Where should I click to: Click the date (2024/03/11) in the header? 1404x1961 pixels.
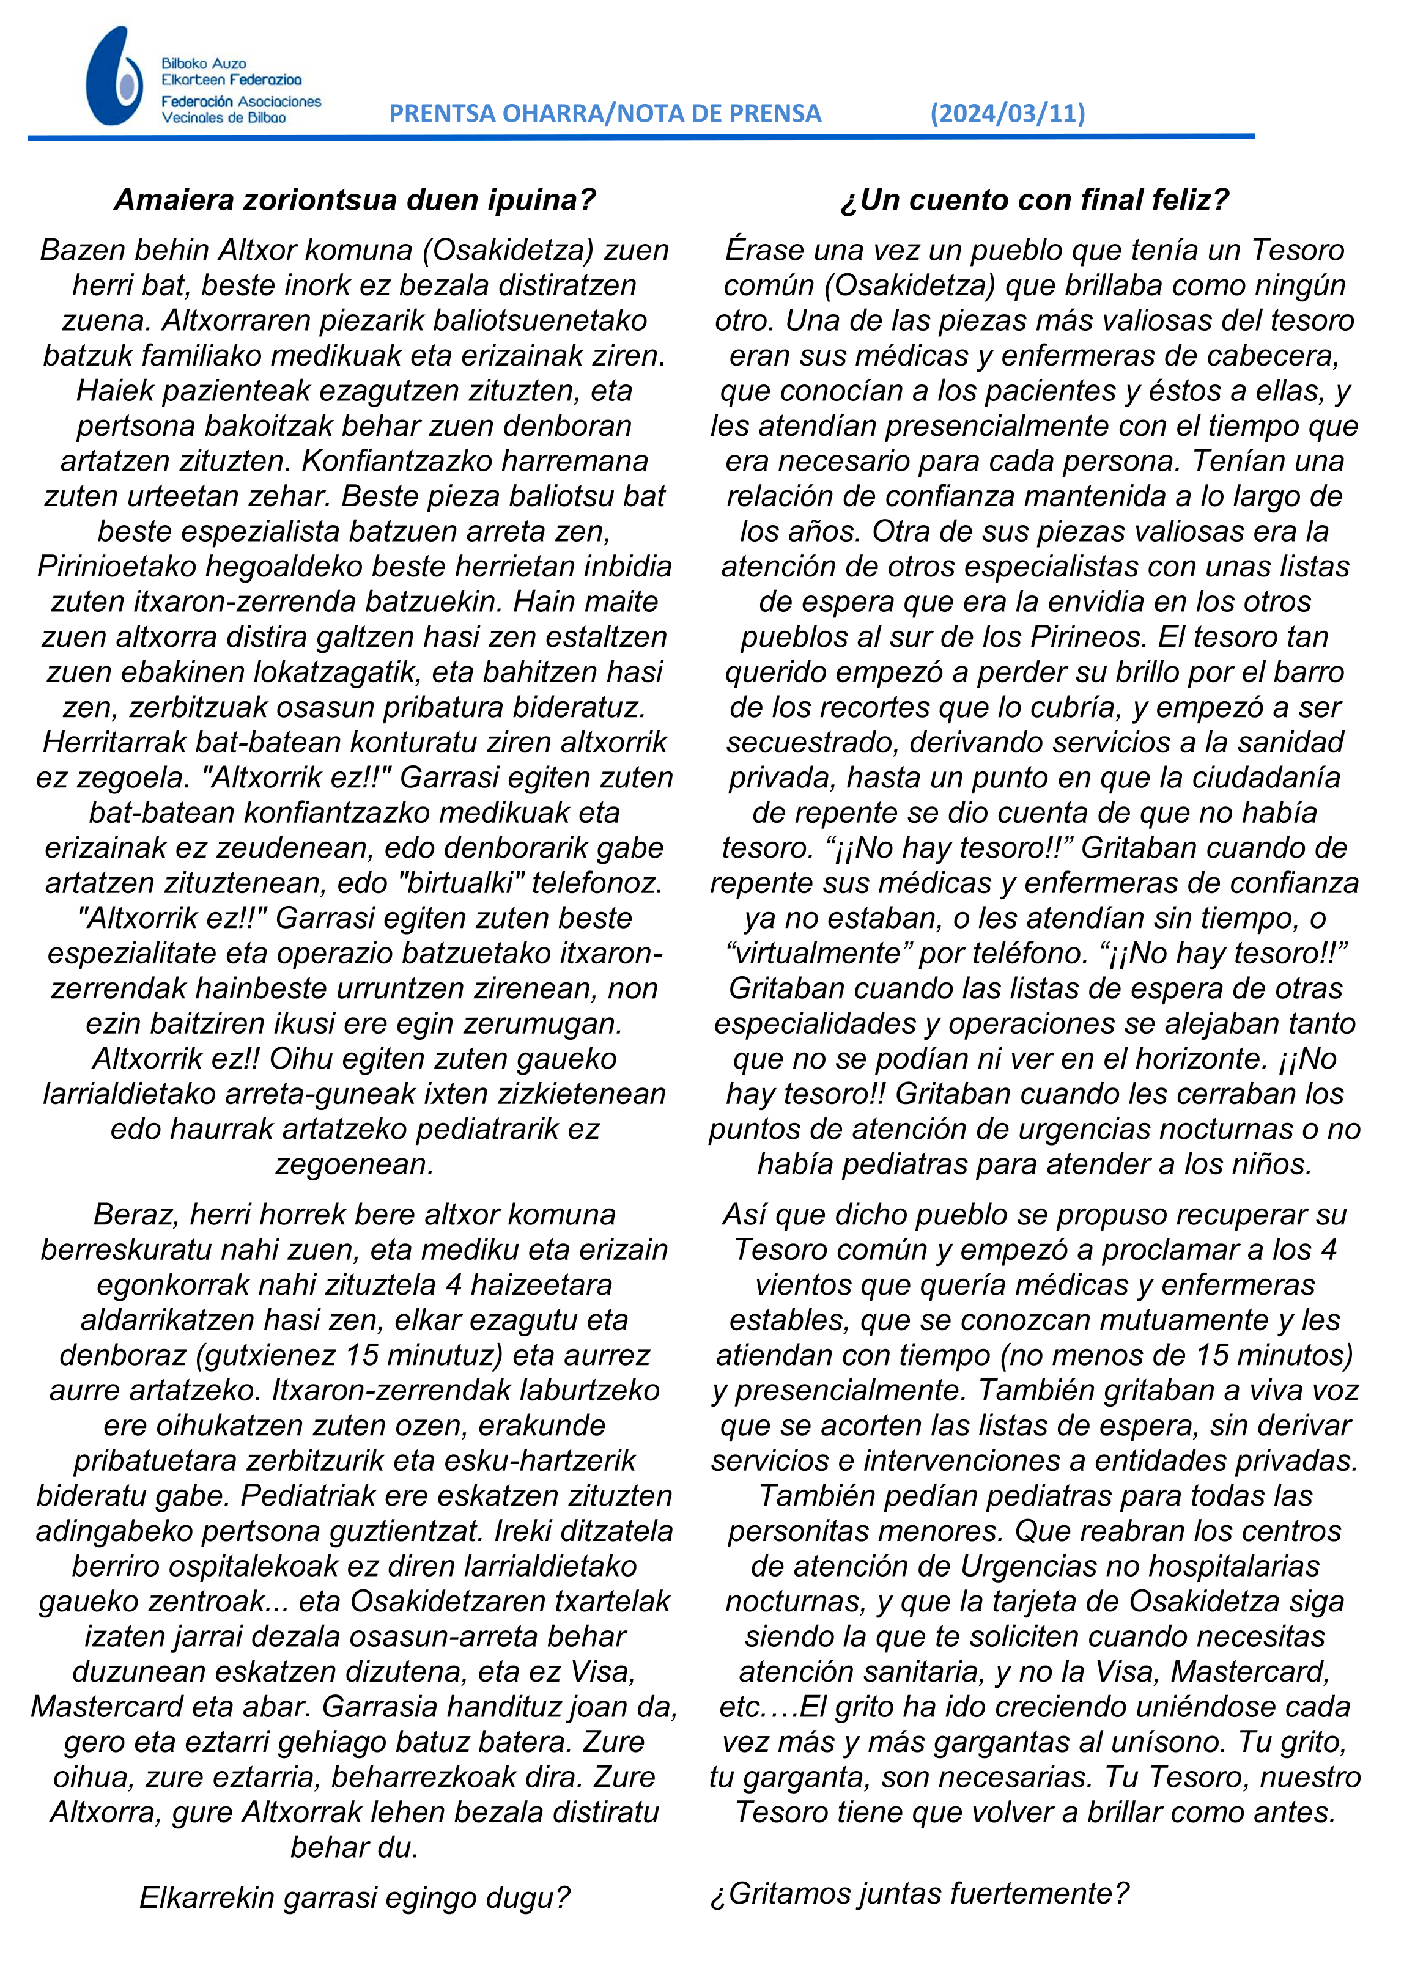1007,113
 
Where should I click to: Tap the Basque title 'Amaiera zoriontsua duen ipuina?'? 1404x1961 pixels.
355,201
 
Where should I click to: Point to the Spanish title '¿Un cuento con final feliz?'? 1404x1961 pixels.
1034,201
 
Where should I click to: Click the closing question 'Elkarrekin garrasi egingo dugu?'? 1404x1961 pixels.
355,1898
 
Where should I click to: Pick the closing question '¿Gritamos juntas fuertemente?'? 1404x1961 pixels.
919,1894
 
